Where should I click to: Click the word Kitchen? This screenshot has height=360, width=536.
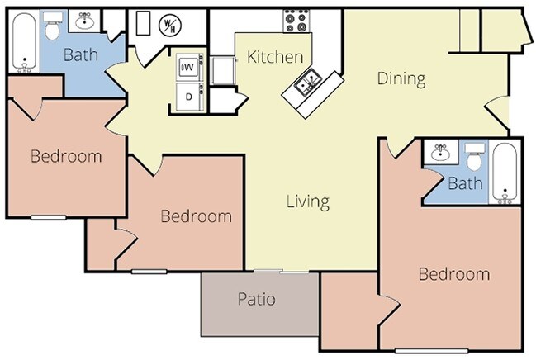point(275,57)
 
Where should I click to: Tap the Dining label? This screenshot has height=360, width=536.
point(401,79)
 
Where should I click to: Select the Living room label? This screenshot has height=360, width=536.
point(308,201)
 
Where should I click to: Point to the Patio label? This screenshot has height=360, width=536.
point(256,299)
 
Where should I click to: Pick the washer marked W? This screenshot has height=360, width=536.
point(187,65)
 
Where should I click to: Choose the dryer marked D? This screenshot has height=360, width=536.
point(187,97)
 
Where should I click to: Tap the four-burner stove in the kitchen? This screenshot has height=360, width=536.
point(296,21)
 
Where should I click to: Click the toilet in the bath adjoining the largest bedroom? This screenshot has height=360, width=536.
point(474,155)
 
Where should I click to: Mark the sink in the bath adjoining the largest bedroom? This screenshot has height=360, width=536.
point(440,151)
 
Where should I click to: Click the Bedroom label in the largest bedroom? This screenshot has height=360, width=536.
point(453,274)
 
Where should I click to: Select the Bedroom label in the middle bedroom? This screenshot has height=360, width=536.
point(196,216)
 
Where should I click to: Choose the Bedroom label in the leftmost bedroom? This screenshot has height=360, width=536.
point(66,156)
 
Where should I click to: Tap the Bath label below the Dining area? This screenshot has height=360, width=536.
point(465,184)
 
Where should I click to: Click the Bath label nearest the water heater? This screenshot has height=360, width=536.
point(81,56)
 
